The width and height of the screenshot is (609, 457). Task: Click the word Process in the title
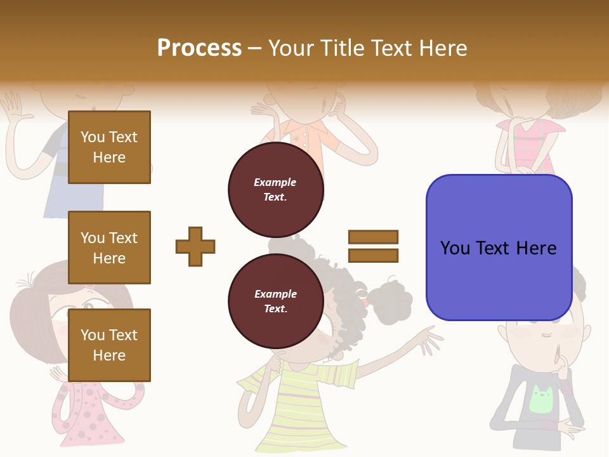199,48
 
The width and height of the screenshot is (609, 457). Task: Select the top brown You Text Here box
109,147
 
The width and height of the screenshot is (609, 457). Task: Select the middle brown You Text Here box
109,248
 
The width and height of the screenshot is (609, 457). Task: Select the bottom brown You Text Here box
109,345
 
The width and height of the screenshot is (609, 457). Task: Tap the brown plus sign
195,246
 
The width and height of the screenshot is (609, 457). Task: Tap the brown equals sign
373,246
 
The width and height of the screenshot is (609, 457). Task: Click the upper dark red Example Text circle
275,190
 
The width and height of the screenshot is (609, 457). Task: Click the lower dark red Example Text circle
275,301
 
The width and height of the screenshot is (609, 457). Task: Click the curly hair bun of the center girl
388,298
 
